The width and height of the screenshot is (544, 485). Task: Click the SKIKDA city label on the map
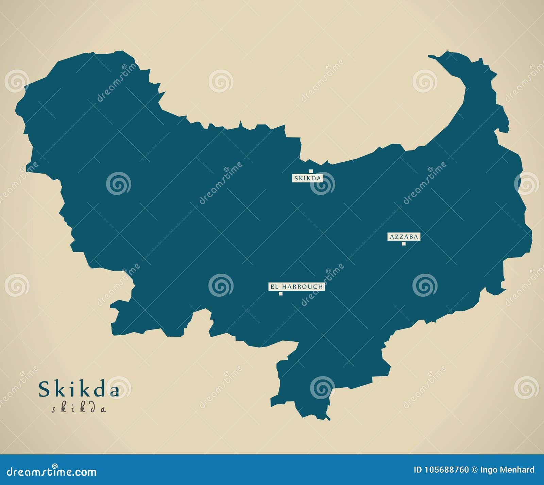(x=307, y=178)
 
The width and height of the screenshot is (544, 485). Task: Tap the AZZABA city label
(x=404, y=237)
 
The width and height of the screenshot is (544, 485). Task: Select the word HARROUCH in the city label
(x=302, y=287)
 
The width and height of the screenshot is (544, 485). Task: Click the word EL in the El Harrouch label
(x=274, y=287)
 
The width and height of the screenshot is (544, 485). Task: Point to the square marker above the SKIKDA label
(x=311, y=171)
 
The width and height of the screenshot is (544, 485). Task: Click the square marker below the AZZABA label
(x=404, y=243)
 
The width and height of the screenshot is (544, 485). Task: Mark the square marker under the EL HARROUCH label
(x=280, y=294)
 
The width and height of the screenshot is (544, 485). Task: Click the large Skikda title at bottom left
(x=79, y=389)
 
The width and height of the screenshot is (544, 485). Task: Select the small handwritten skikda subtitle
(x=79, y=408)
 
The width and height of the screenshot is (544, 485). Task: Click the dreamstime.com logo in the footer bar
(x=52, y=471)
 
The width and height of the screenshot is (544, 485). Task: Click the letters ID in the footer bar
(x=418, y=470)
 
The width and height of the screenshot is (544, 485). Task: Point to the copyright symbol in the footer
(x=474, y=470)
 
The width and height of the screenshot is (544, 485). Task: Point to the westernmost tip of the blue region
(x=16, y=111)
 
